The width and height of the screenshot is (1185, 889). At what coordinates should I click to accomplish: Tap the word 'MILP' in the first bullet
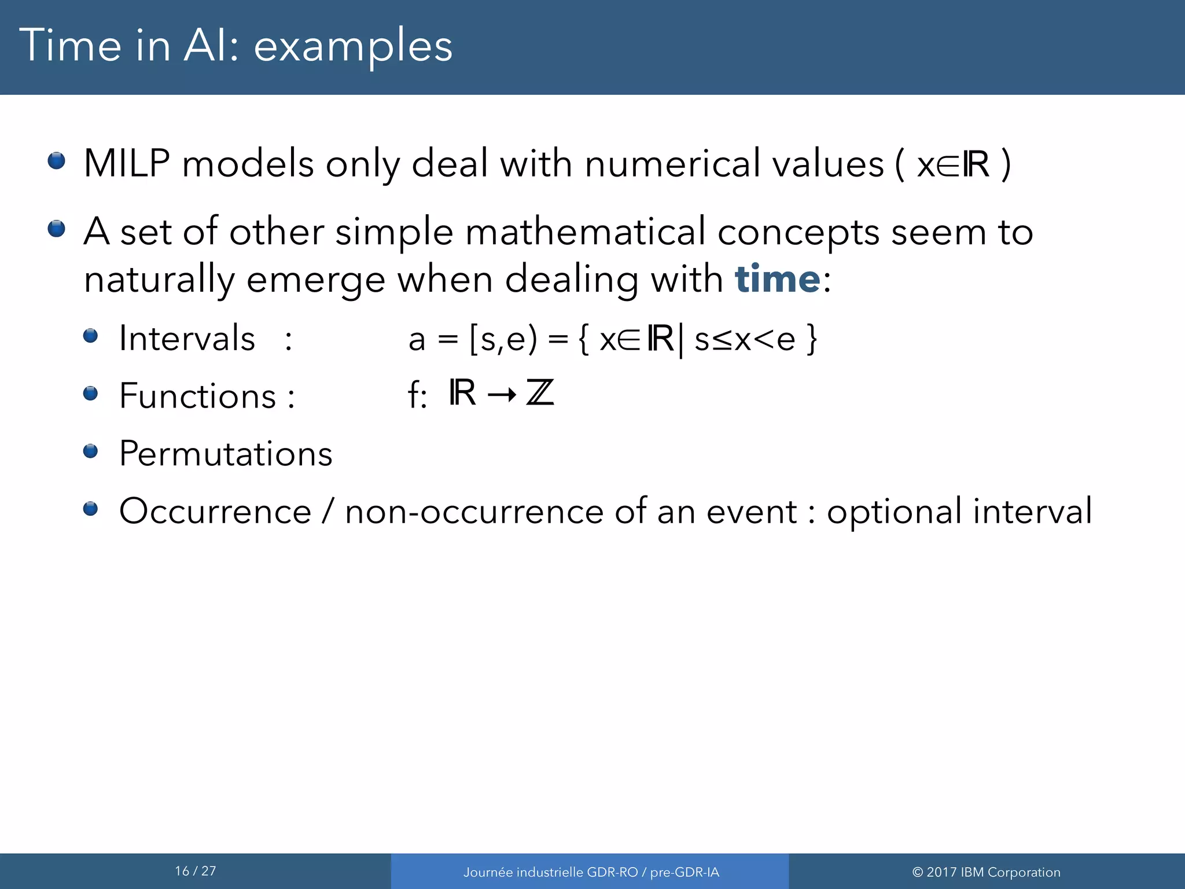point(127,164)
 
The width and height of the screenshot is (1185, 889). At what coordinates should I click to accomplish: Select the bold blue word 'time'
point(777,279)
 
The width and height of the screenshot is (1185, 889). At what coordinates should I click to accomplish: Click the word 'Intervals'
point(187,338)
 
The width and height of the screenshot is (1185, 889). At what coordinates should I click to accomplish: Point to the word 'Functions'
point(197,396)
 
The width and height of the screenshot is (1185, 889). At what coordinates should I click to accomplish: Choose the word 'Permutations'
point(226,453)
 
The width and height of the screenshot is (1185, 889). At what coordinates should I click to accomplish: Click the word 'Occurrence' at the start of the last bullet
point(215,511)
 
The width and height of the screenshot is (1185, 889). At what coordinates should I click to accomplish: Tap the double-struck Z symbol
point(540,393)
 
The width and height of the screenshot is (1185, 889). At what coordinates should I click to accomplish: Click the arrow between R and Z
point(502,395)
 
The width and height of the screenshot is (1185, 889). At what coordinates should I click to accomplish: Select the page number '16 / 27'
point(196,871)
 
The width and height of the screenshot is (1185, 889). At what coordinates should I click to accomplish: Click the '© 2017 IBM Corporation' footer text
point(986,872)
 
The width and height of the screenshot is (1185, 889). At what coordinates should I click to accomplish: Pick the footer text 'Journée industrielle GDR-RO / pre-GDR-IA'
point(591,872)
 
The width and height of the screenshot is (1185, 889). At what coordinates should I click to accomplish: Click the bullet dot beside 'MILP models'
point(57,160)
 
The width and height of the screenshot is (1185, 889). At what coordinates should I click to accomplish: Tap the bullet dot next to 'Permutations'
point(90,450)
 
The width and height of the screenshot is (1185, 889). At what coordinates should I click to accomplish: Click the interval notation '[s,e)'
point(503,339)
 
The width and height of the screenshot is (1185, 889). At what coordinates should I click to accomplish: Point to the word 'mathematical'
point(585,232)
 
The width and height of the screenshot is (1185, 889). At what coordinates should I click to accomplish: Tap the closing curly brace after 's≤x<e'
point(812,339)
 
